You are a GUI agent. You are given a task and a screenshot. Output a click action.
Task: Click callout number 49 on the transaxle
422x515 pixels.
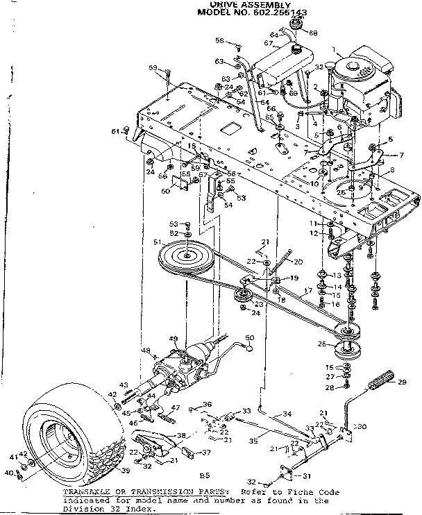point(174,339)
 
